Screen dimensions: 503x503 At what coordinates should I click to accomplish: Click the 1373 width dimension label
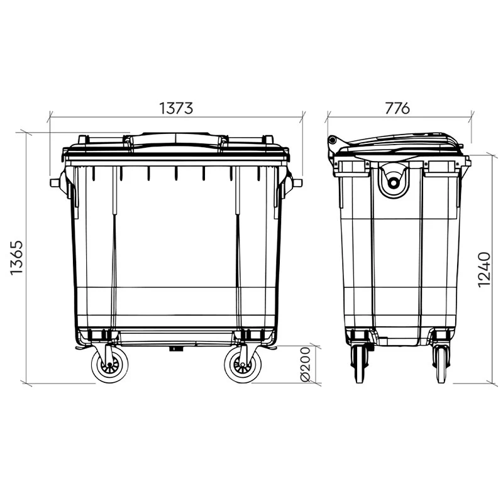pyautogui.click(x=175, y=108)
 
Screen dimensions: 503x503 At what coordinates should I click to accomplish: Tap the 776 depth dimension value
pyautogui.click(x=397, y=108)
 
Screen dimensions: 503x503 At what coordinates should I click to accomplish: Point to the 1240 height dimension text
pyautogui.click(x=484, y=270)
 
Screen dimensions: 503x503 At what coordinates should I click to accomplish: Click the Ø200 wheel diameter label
pyautogui.click(x=306, y=365)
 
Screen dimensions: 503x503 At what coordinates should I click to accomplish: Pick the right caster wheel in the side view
pyautogui.click(x=439, y=365)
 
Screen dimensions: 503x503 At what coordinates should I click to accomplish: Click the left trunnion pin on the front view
pyautogui.click(x=55, y=182)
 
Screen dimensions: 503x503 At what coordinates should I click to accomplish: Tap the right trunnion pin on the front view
pyautogui.click(x=297, y=182)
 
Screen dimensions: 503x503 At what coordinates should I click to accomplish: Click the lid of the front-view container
pyautogui.click(x=176, y=143)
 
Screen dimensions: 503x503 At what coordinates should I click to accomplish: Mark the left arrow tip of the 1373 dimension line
pyautogui.click(x=50, y=116)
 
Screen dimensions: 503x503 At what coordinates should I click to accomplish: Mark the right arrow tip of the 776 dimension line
pyautogui.click(x=472, y=116)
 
